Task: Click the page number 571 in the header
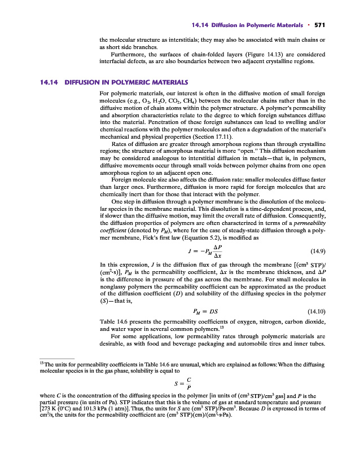click(321, 25)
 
